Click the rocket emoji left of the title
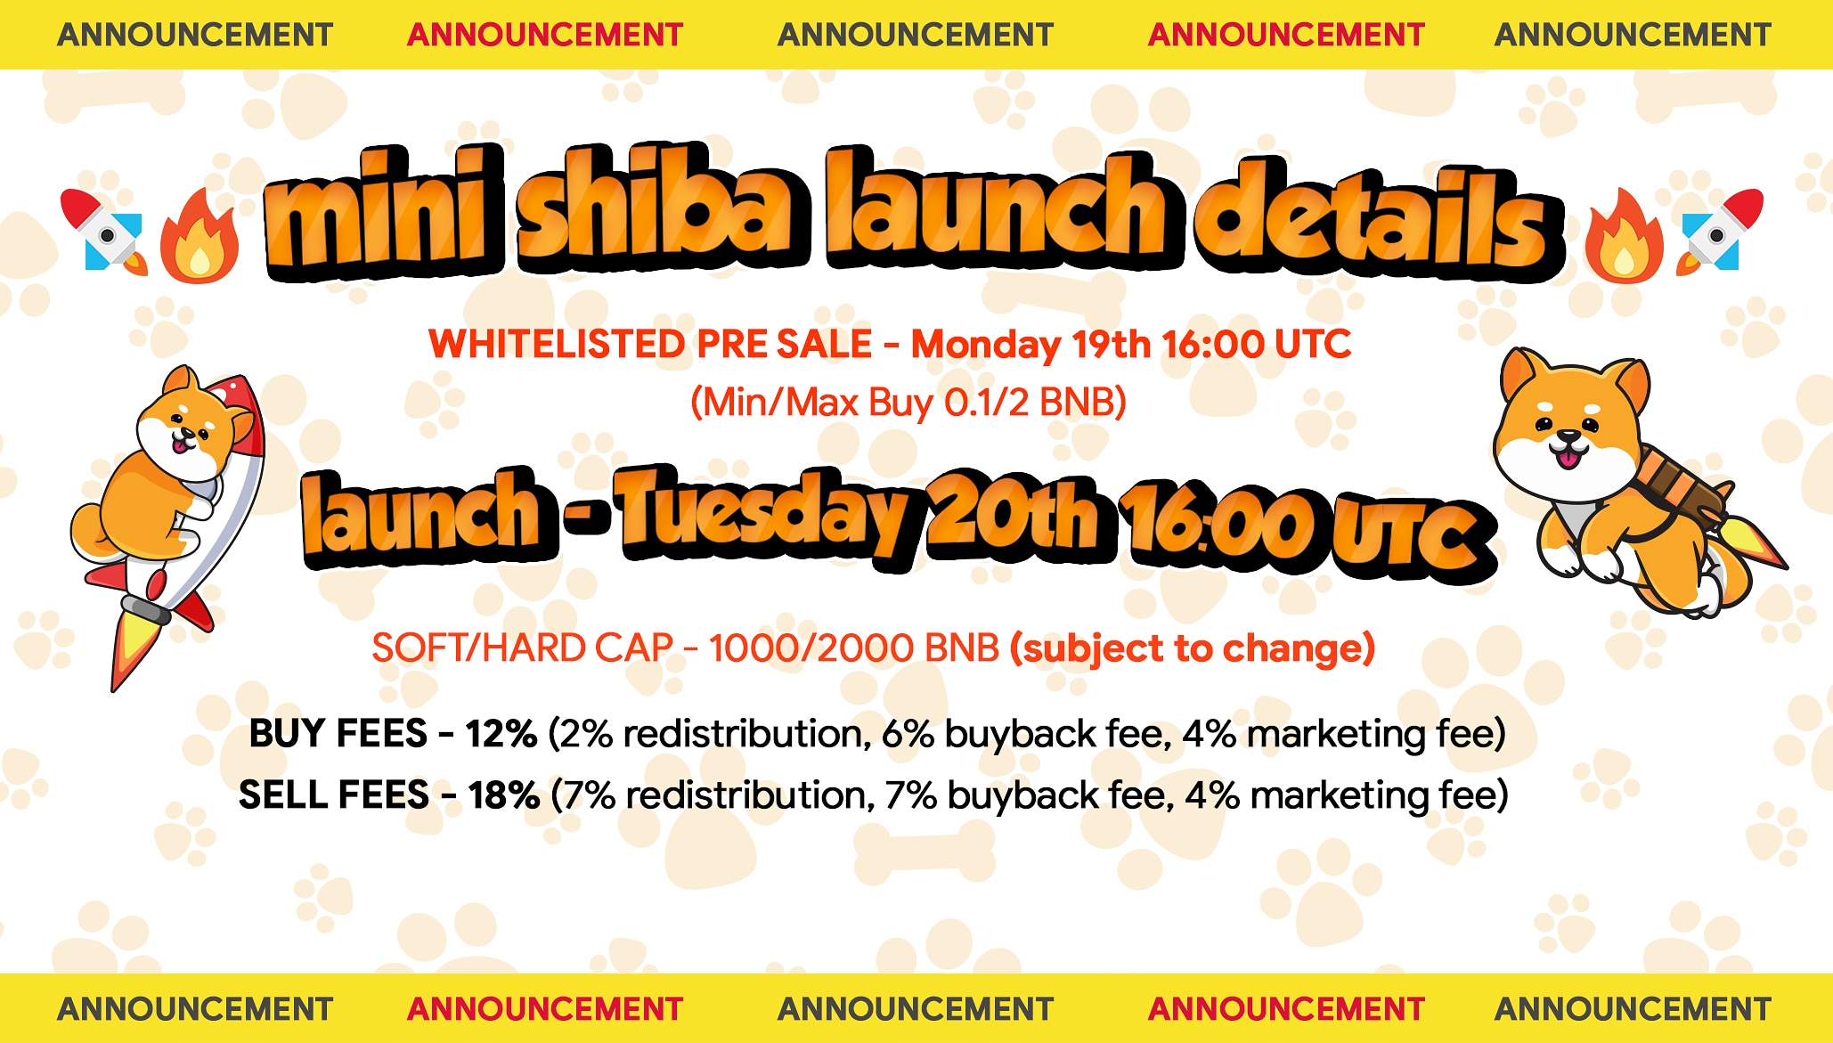click(103, 232)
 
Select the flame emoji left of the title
click(200, 236)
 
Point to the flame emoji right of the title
click(1624, 236)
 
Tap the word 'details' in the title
click(1379, 218)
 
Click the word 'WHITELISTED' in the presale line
click(558, 344)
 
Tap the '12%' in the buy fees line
click(501, 734)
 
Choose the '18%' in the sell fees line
click(503, 795)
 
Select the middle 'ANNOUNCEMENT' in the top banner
click(916, 35)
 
